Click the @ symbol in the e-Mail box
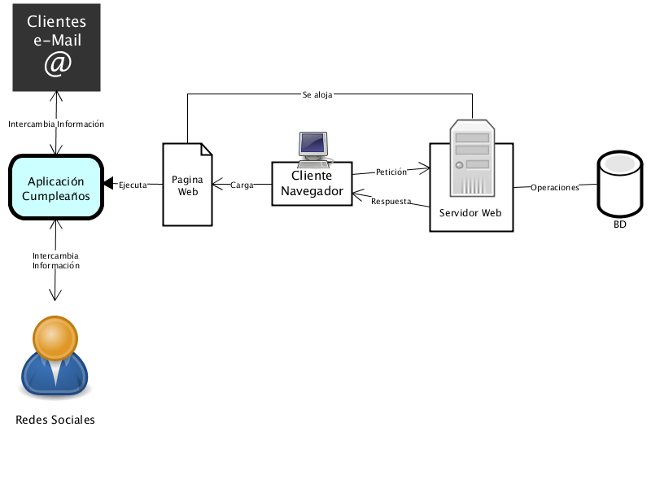58,64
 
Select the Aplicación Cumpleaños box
56,187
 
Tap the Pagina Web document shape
188,185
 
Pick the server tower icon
472,158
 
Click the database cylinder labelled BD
620,184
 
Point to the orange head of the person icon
55,338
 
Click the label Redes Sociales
55,420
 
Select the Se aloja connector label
317,95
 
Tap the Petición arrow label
391,172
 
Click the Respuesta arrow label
391,201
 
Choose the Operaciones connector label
555,188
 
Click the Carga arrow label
242,185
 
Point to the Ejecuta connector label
133,185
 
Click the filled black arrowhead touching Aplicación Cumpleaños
108,183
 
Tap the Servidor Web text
470,213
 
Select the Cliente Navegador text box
312,184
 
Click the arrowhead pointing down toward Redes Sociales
55,295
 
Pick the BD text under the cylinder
620,224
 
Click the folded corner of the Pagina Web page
207,150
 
